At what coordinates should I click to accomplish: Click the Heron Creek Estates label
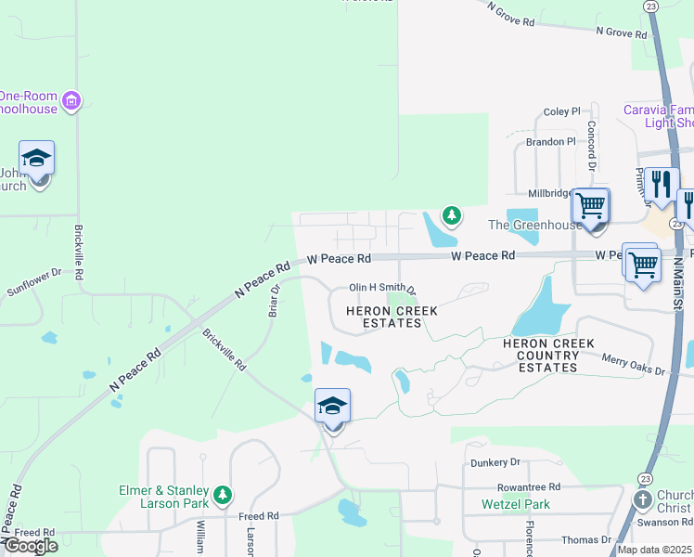point(384,317)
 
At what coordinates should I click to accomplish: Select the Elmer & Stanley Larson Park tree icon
point(222,495)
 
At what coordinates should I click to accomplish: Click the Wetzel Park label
point(516,505)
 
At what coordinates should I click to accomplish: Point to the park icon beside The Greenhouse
point(451,216)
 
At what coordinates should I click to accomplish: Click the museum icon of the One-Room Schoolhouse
point(74,100)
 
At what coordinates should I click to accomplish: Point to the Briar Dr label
point(275,301)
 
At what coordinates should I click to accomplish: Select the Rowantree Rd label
point(529,486)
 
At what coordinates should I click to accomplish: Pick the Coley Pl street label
point(561,111)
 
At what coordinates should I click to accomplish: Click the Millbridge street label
point(551,193)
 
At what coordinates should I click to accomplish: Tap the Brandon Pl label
point(551,142)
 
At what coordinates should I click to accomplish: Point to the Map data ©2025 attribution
point(654,550)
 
